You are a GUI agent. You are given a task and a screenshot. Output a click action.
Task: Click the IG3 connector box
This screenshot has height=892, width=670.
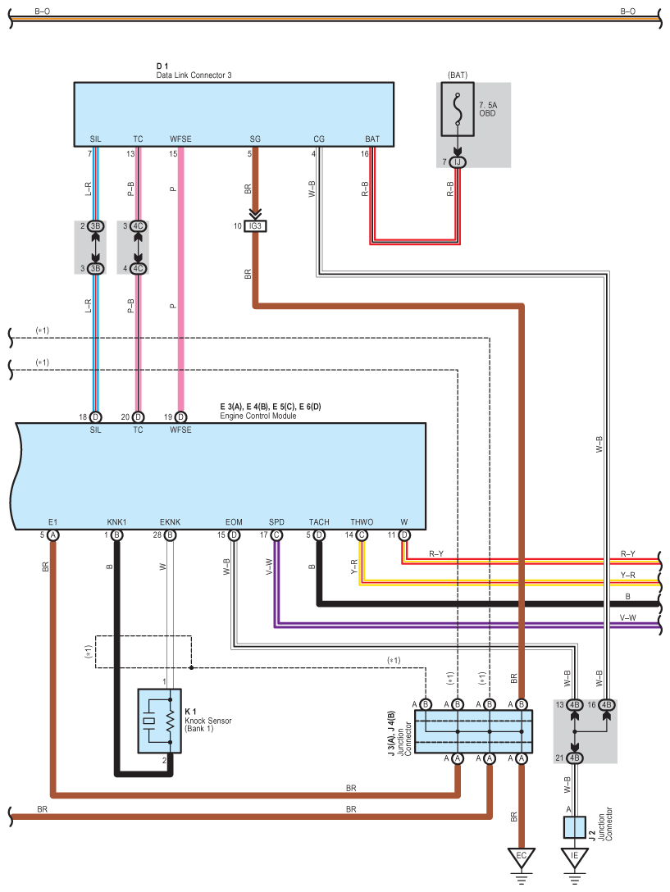pos(256,226)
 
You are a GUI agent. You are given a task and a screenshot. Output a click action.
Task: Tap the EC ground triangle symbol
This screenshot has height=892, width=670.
pos(521,857)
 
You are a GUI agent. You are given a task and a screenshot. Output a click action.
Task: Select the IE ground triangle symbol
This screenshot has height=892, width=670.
pos(574,857)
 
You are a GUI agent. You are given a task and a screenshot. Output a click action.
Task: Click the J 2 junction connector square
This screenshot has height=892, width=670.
pos(574,826)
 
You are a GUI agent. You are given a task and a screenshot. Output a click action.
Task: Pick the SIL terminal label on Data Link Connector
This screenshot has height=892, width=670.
pos(95,139)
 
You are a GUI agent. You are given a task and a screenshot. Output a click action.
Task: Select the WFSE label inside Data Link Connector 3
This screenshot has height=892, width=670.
pos(180,139)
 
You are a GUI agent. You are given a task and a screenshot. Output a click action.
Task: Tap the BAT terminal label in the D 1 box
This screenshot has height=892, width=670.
pos(372,139)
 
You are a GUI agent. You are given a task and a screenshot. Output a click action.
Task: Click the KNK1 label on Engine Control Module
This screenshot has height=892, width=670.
pos(116,522)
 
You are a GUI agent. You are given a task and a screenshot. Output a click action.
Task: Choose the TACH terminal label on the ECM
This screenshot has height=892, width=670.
pos(319,522)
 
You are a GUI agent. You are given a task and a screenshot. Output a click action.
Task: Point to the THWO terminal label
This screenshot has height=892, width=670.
pos(362,522)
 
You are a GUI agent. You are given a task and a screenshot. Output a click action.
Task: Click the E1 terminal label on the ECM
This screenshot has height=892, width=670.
pos(52,522)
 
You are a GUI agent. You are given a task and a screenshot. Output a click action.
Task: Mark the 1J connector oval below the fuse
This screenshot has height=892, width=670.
pos(458,162)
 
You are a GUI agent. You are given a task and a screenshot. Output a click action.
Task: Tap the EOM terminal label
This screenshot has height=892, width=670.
pos(234,522)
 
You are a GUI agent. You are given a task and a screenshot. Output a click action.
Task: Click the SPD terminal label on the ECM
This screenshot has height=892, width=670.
pos(276,522)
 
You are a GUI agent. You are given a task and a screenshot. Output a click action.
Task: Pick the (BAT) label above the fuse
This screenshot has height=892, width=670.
pos(458,75)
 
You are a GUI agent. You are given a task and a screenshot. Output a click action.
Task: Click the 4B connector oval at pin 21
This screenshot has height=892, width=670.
pos(575,757)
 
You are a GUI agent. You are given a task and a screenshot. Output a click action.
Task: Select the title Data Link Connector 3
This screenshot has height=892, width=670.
pos(194,75)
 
